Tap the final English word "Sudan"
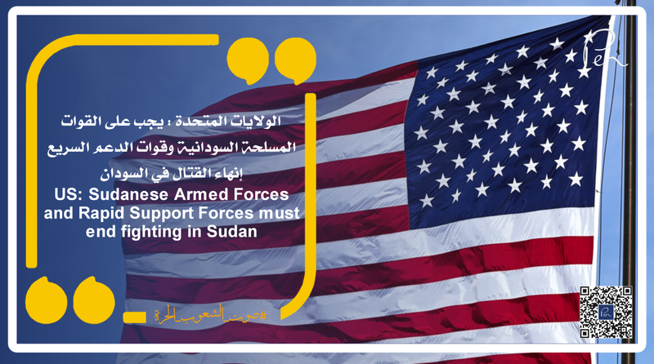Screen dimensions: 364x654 (x=235, y=232)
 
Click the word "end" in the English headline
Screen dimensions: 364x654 (x=88, y=232)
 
